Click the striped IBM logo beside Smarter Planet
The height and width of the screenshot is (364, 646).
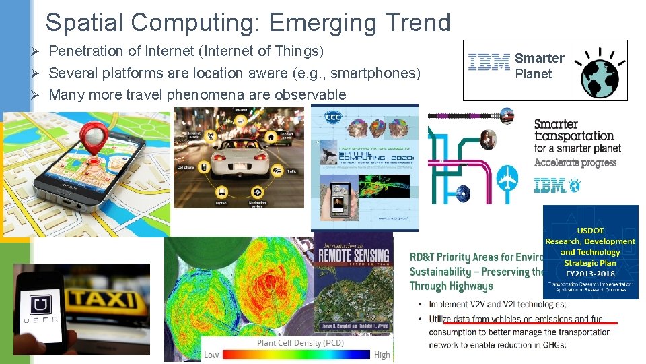489,63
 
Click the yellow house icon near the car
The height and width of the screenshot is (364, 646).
270,137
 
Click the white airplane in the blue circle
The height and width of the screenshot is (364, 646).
507,180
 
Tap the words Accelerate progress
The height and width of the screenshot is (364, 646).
575,162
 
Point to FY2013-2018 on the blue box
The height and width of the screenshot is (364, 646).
590,274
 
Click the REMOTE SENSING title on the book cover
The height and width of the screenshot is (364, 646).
353,255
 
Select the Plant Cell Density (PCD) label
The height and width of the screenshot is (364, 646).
300,343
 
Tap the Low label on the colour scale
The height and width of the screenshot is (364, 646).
211,355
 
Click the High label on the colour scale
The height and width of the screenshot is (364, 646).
382,355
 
